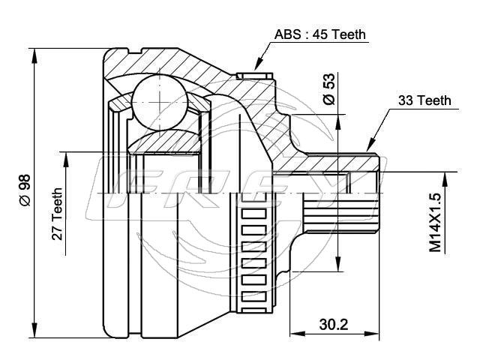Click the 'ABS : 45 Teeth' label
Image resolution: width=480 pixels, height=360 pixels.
point(320,34)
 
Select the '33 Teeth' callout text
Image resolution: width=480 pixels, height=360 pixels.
point(424,100)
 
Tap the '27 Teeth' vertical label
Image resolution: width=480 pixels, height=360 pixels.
point(57,214)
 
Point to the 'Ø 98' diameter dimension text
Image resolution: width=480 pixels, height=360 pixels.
point(25,190)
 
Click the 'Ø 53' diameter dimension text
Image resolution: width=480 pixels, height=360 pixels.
point(329,89)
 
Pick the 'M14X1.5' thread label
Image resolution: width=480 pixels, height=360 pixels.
point(435,223)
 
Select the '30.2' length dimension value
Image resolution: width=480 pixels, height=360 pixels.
point(334,325)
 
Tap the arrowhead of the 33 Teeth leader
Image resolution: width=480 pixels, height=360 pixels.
point(371,145)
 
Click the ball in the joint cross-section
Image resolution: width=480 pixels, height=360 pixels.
point(160,102)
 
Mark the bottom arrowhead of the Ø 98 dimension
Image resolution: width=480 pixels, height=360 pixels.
point(35,330)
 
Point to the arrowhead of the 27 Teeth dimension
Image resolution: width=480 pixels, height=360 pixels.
point(66,159)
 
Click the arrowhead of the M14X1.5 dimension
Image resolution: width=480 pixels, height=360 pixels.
point(445,180)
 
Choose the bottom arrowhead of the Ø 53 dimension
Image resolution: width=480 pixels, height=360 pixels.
point(338,263)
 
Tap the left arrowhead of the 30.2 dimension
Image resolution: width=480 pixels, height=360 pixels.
point(298,334)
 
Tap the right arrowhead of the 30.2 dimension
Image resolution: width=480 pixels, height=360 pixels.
point(372,334)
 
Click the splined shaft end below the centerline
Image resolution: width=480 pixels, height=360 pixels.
point(340,214)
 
